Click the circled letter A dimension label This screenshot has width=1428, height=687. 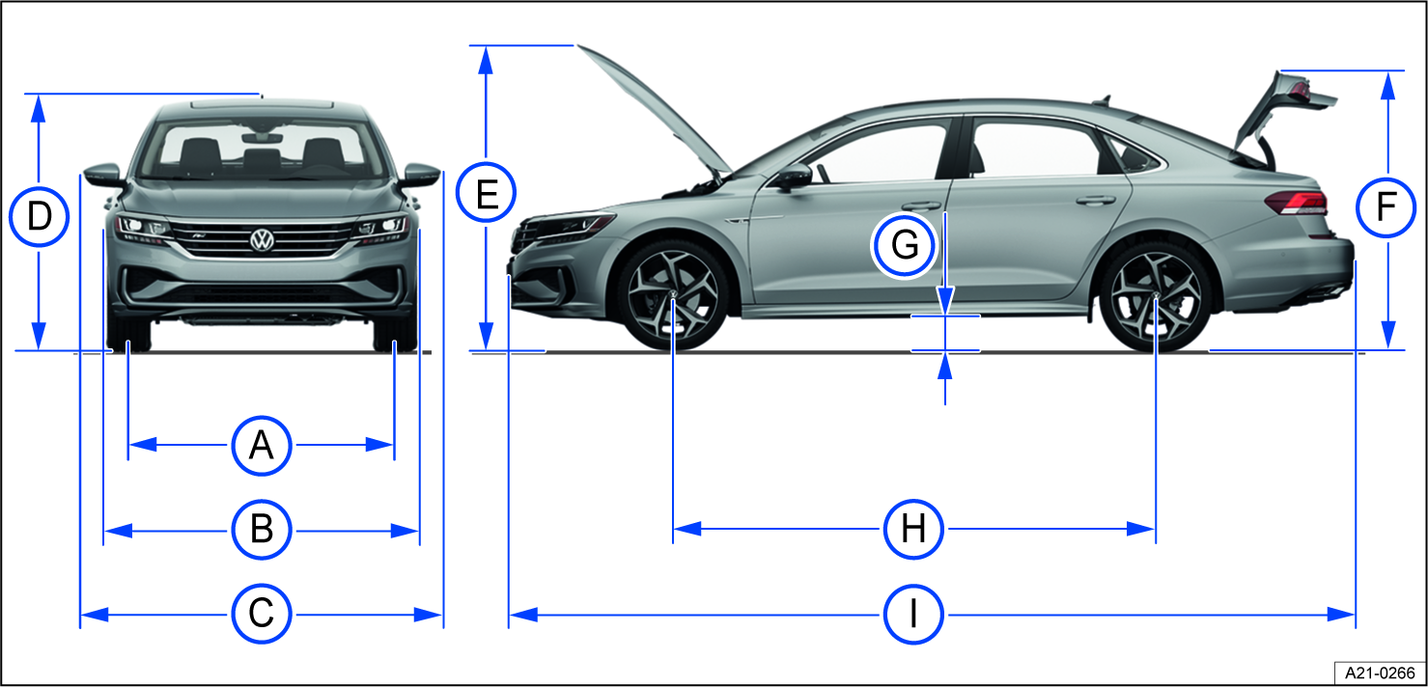pyautogui.click(x=261, y=445)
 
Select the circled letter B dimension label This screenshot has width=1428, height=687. pyautogui.click(x=261, y=530)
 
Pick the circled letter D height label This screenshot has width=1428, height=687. pyautogui.click(x=39, y=218)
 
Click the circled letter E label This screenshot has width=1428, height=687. pyautogui.click(x=487, y=196)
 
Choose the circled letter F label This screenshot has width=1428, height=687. pyautogui.click(x=1386, y=207)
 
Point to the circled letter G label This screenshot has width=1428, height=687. pyautogui.click(x=905, y=246)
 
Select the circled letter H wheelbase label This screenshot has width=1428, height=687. pyautogui.click(x=913, y=529)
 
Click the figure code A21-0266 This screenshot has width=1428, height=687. pyautogui.click(x=1376, y=672)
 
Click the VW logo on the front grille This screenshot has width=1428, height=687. pyautogui.click(x=261, y=240)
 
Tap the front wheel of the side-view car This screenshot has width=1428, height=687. pyautogui.click(x=673, y=295)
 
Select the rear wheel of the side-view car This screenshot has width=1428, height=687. pyautogui.click(x=1155, y=295)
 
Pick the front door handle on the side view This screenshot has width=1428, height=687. pyautogui.click(x=921, y=206)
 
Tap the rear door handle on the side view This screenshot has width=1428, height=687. pyautogui.click(x=1094, y=201)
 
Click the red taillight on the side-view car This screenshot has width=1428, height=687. pyautogui.click(x=1296, y=202)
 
